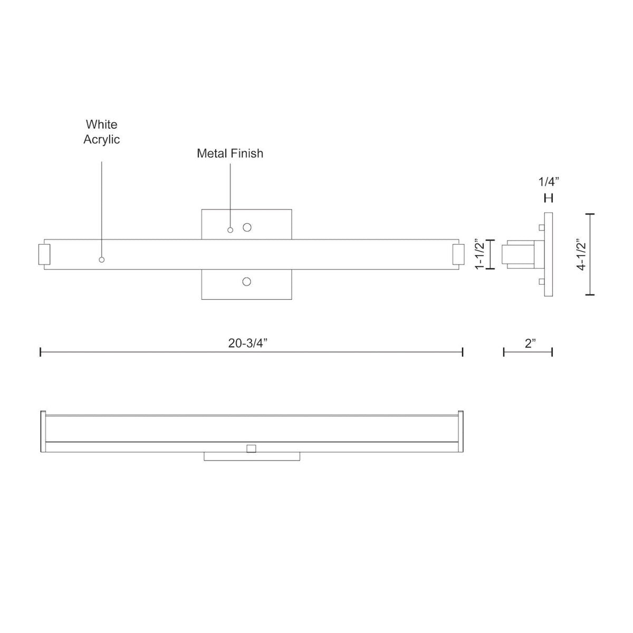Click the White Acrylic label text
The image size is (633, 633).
point(102,132)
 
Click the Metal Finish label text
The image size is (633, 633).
point(230,154)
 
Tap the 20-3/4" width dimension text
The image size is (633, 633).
point(248,343)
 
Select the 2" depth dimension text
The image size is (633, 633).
point(530,343)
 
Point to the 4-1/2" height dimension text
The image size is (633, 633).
point(581,255)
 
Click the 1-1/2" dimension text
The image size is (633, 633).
point(479,255)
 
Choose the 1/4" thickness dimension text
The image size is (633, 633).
point(549,182)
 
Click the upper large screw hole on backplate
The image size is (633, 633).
point(247,227)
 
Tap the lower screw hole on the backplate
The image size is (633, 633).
point(246,282)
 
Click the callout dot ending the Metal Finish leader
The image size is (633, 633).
point(230,230)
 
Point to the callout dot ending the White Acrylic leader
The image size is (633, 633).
point(102,260)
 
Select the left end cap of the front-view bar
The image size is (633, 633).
point(44,254)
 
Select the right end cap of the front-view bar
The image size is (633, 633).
point(458,254)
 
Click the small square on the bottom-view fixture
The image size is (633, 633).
point(251,448)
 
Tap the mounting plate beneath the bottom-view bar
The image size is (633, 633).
point(252,456)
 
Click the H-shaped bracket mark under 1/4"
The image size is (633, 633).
point(549,198)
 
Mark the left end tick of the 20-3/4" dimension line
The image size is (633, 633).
point(41,352)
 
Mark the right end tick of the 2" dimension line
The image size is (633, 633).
point(552,352)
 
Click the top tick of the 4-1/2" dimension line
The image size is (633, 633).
point(590,214)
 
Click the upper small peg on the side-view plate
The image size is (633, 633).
point(541,227)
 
